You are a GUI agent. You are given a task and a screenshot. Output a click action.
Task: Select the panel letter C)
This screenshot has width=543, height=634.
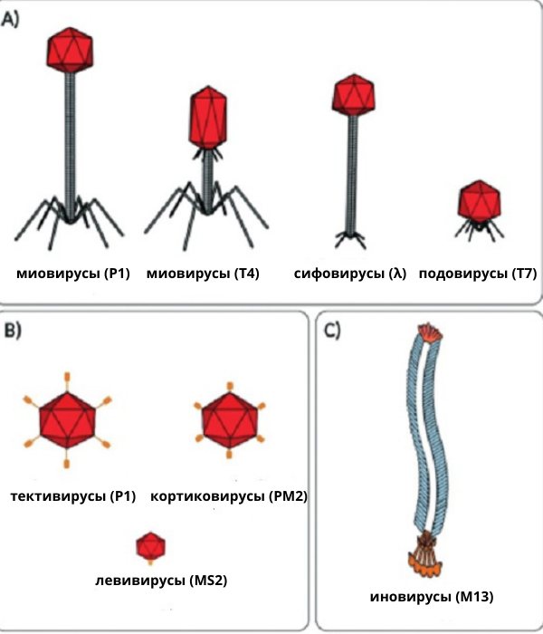(x=332, y=329)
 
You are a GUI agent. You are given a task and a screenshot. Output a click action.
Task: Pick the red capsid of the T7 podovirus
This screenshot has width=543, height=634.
(x=479, y=200)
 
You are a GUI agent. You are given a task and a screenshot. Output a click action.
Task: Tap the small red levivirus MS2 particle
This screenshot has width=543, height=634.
(x=150, y=547)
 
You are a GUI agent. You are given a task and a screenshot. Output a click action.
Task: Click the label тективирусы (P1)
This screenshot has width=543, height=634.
(x=72, y=497)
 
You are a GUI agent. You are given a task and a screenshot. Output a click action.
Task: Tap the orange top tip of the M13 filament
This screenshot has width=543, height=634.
(x=427, y=332)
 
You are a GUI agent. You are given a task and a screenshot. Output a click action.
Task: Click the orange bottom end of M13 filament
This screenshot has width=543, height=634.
(x=424, y=564)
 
